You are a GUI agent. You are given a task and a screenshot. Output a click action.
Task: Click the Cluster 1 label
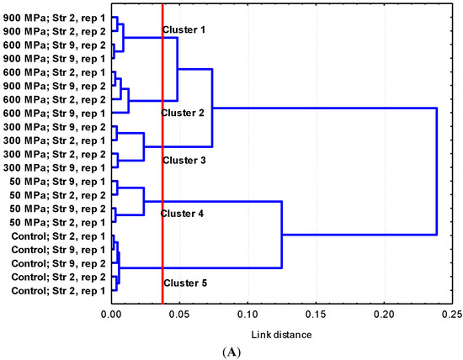point(184,30)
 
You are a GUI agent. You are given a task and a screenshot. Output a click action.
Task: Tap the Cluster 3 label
point(184,160)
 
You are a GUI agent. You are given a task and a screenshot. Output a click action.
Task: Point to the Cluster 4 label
point(184,214)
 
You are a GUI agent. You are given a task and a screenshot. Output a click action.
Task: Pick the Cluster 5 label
point(184,283)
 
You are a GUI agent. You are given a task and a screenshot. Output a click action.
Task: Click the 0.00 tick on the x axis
point(111,315)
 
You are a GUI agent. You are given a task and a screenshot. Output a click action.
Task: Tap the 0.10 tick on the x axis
point(247,315)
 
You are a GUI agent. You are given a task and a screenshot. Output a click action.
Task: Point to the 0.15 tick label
point(316,315)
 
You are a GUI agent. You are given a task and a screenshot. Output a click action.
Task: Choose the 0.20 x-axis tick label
point(384,315)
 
